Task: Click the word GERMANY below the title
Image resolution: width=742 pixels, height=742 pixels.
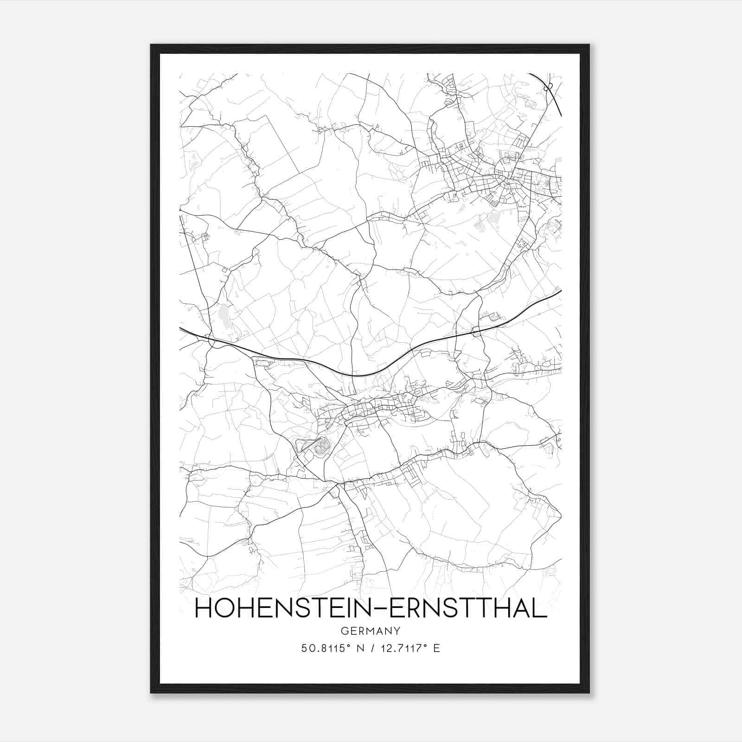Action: (370, 631)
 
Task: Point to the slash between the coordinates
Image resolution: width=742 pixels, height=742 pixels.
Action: (371, 648)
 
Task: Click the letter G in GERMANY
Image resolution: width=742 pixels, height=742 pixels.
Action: (344, 631)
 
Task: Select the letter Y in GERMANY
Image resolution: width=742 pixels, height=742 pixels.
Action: (397, 631)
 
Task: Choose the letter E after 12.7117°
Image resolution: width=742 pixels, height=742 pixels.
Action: (436, 648)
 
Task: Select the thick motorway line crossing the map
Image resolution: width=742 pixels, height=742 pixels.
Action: (362, 374)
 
